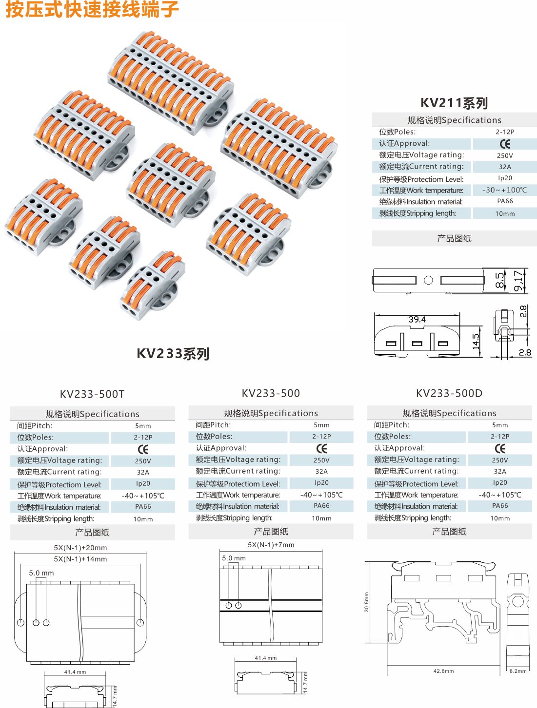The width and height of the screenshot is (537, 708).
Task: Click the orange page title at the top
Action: tap(92, 9)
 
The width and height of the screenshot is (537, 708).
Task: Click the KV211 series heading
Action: tap(454, 103)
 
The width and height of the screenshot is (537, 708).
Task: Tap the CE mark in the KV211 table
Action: tap(505, 144)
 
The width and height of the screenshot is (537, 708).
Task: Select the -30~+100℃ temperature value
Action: tap(505, 190)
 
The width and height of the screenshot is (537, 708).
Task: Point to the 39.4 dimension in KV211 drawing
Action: tap(417, 320)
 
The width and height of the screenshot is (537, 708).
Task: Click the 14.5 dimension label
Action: tap(476, 341)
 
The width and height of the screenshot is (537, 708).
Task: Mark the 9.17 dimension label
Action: tap(518, 281)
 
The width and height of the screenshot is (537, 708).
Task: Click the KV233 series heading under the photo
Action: tap(173, 354)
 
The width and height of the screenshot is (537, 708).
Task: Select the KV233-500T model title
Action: tap(92, 394)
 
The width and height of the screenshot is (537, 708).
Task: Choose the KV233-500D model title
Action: tap(449, 393)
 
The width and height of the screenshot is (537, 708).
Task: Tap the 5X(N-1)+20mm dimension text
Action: tap(80, 548)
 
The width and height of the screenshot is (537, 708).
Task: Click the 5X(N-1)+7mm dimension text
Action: tap(271, 545)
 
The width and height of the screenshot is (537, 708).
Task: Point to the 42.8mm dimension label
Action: tap(443, 671)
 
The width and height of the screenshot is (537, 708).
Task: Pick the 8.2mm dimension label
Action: tap(518, 671)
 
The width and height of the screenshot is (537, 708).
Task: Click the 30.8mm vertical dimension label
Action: tap(367, 602)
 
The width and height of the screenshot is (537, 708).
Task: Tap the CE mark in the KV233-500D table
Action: tap(500, 448)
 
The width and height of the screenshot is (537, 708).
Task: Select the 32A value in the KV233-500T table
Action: tap(143, 472)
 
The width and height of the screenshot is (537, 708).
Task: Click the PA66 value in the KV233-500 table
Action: tap(321, 506)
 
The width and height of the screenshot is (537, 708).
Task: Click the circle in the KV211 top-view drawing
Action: tap(428, 280)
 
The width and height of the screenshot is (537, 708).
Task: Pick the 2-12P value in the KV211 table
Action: tap(505, 132)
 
